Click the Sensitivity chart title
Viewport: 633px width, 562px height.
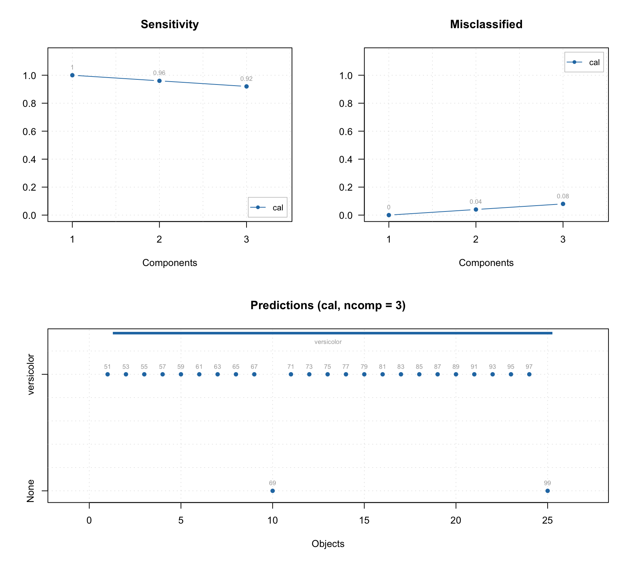pyautogui.click(x=170, y=25)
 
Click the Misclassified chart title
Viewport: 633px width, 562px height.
pyautogui.click(x=486, y=25)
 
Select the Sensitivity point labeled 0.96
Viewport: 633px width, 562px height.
pyautogui.click(x=159, y=81)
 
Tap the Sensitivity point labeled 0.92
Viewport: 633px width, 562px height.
pyautogui.click(x=247, y=86)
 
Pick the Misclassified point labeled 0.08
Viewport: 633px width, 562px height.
pyautogui.click(x=563, y=204)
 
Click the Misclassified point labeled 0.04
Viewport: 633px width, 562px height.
pyautogui.click(x=476, y=209)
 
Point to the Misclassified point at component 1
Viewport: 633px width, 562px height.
pyautogui.click(x=389, y=215)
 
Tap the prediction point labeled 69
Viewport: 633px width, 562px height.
pyautogui.click(x=273, y=491)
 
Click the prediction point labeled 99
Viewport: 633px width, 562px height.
pyautogui.click(x=547, y=491)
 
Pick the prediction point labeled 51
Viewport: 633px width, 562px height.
pyautogui.click(x=108, y=374)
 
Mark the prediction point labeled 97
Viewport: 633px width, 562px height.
pyautogui.click(x=529, y=374)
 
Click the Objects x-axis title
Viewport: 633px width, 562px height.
pyautogui.click(x=328, y=544)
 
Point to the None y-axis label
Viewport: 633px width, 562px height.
pyautogui.click(x=31, y=491)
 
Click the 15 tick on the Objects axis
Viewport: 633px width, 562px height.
pyautogui.click(x=364, y=520)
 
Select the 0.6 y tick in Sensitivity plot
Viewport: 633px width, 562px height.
pyautogui.click(x=29, y=131)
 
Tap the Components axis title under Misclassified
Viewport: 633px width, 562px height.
pyautogui.click(x=486, y=263)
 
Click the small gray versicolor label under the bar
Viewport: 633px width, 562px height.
pyautogui.click(x=328, y=342)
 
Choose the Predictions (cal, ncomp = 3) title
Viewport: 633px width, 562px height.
pyautogui.click(x=328, y=306)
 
